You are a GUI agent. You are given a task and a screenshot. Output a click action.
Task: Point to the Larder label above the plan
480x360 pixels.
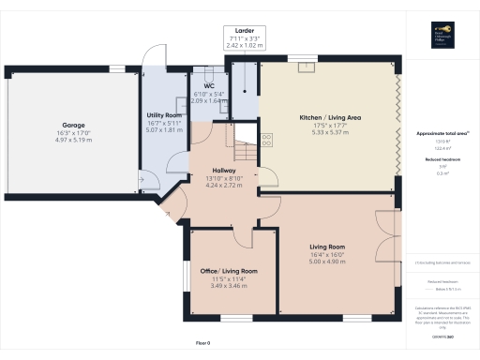tap(243, 31)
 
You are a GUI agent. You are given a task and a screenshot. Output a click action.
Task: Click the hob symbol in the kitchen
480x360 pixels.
tap(267, 139)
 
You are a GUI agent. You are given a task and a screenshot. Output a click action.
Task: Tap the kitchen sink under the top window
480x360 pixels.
tap(303, 67)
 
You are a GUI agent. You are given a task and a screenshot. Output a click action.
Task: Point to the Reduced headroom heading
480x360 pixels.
tap(443, 160)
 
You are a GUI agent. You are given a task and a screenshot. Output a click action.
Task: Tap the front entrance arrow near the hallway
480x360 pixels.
tap(168, 214)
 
